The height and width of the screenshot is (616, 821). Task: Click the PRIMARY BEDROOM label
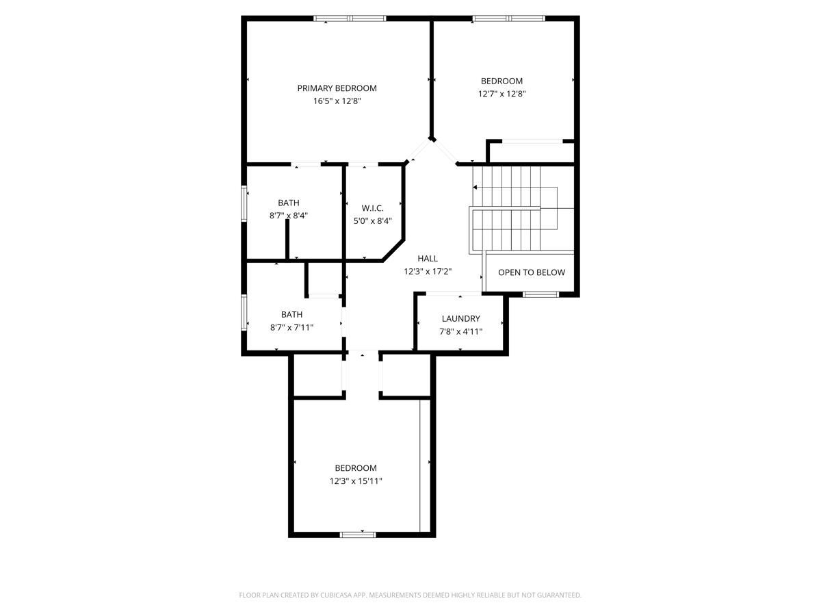pos(337,88)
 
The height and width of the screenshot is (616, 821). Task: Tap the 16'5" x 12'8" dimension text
pos(337,101)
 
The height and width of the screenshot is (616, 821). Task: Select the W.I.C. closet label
pos(373,208)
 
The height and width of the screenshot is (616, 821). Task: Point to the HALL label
pos(428,259)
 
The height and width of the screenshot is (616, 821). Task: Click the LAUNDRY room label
pos(461,319)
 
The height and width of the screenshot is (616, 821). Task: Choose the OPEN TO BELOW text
pos(532,272)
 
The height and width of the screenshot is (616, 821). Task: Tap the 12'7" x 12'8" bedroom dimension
pos(502,94)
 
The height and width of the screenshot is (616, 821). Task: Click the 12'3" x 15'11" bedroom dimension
pos(356,480)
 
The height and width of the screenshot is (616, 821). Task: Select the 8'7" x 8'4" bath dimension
pos(289,216)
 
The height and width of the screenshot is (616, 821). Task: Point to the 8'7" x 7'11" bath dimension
pos(291,327)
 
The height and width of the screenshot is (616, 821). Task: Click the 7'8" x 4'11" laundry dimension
pos(461,331)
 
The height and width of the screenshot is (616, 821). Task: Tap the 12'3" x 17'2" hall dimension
pos(428,271)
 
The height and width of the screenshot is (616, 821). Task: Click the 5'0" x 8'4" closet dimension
pos(373,220)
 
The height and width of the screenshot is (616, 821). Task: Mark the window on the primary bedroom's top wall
pos(350,18)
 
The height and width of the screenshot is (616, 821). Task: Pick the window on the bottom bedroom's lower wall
pos(358,535)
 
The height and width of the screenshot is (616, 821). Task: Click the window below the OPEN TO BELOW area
pos(541,295)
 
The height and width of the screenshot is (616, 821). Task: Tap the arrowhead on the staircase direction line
pos(475,187)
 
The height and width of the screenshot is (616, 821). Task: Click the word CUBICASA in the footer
pos(335,595)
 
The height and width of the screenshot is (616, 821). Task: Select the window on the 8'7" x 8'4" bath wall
pos(244,204)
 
